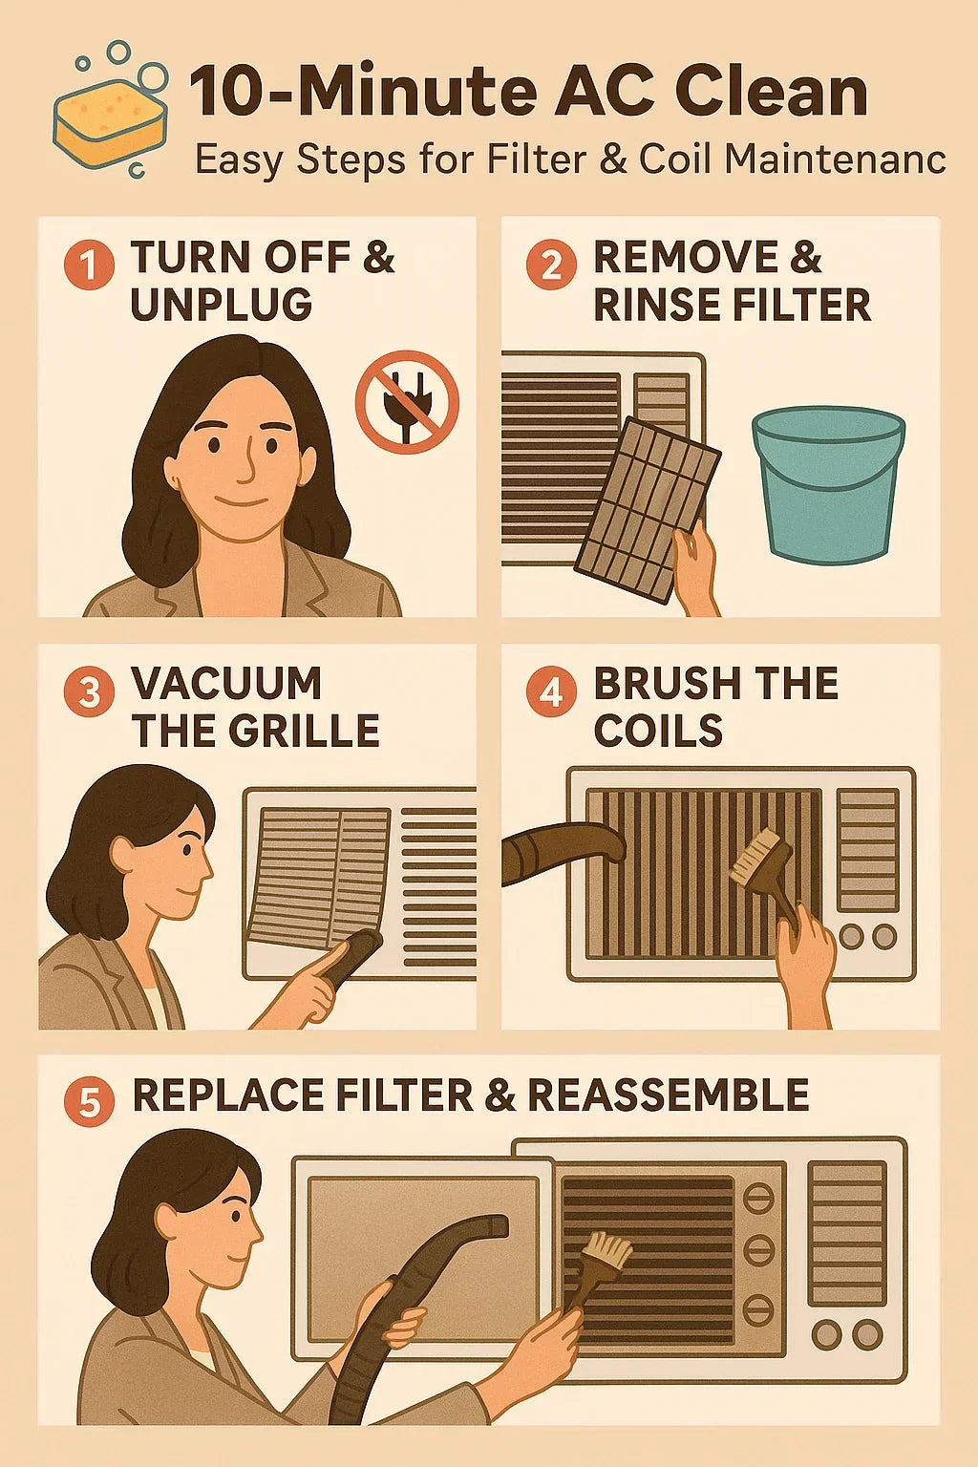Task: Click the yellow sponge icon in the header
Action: (x=111, y=124)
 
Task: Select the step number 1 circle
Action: (x=89, y=265)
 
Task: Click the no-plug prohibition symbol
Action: (x=408, y=401)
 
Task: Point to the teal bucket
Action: (x=828, y=483)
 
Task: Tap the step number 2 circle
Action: (x=551, y=265)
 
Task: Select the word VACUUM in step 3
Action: (x=226, y=684)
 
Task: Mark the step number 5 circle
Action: (x=89, y=1101)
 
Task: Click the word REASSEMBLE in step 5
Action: (x=668, y=1095)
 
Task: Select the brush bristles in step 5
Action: (x=607, y=1250)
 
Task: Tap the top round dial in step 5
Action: (x=758, y=1198)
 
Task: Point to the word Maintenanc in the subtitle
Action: (x=835, y=159)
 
